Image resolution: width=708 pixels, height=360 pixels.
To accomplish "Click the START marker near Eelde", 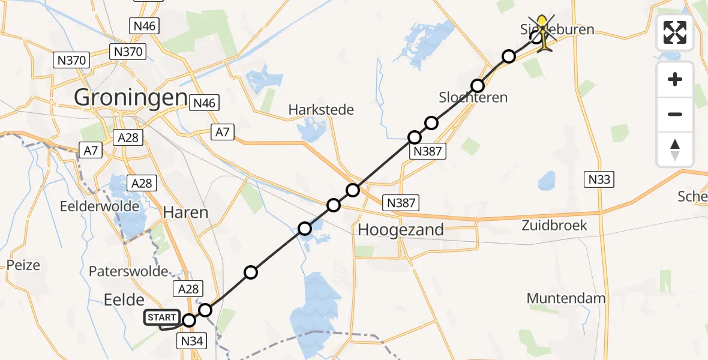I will click(161, 317).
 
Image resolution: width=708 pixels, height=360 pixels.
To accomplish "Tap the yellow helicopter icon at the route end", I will click(543, 34).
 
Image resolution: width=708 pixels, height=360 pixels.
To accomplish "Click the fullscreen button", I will click(675, 32).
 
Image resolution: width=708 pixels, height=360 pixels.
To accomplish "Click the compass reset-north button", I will click(675, 149).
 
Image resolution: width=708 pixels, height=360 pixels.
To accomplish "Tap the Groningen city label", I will click(130, 97).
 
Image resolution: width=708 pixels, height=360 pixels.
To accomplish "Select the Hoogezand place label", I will click(401, 229).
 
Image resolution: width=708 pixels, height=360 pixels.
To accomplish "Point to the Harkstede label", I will click(321, 110).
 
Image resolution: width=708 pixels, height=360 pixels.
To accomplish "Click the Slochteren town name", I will click(473, 97).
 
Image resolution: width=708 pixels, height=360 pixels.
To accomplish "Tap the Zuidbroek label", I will click(554, 226).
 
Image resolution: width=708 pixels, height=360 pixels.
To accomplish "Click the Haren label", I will click(186, 212).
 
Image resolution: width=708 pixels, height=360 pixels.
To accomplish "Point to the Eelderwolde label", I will click(100, 206).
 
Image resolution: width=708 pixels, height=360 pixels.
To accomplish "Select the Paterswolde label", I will click(128, 271).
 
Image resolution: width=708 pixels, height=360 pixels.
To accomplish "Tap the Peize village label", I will click(24, 265).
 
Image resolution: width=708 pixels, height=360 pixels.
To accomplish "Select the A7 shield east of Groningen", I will click(222, 132).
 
